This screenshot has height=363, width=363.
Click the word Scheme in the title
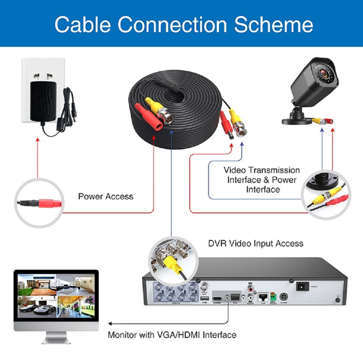coord(273,24)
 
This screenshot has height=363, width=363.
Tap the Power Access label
coord(106,197)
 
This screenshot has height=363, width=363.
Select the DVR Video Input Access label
coord(256,243)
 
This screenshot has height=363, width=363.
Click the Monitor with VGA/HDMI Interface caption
coord(172,334)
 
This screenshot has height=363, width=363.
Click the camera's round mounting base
coord(297,119)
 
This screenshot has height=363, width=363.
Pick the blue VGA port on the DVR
coord(234,297)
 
